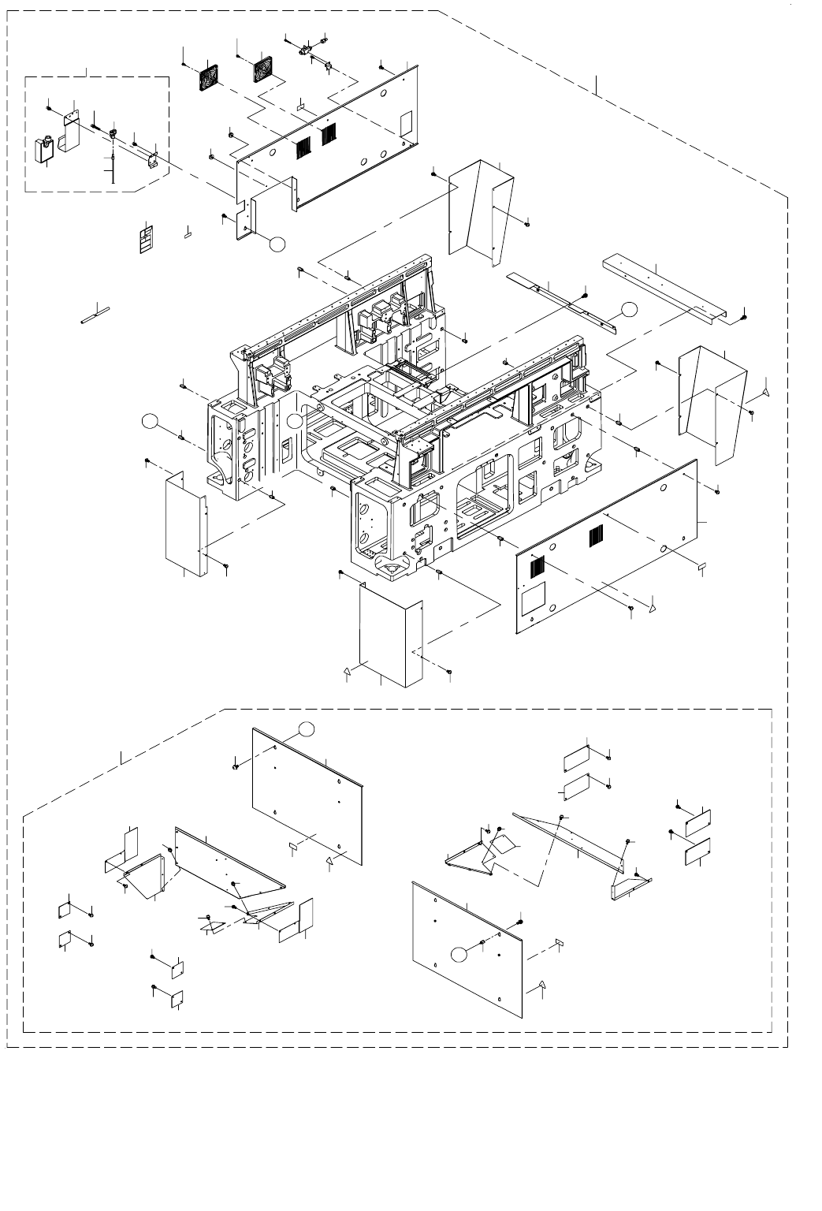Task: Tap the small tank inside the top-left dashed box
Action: point(45,149)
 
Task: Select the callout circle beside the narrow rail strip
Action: point(627,308)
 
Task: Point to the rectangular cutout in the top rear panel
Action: point(407,122)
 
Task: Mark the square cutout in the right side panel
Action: point(534,594)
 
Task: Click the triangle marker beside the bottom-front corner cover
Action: point(346,672)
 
